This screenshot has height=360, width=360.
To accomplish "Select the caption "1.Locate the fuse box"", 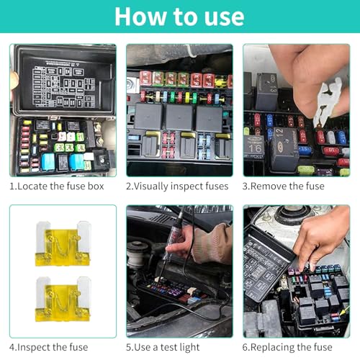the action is click(x=57, y=186).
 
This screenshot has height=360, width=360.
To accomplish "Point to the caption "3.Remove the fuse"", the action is click(x=283, y=186).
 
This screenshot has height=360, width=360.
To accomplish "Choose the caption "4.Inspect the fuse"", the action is click(x=49, y=347).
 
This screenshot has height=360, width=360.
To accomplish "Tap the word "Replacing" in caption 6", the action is click(x=272, y=348).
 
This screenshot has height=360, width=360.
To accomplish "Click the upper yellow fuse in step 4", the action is click(x=63, y=243).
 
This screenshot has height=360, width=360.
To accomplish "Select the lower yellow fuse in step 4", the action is click(x=63, y=299).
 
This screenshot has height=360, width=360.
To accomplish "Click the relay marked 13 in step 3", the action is click(x=267, y=91).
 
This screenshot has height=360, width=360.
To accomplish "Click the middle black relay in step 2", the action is click(x=179, y=117).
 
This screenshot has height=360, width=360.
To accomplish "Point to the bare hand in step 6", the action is click(x=322, y=238).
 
